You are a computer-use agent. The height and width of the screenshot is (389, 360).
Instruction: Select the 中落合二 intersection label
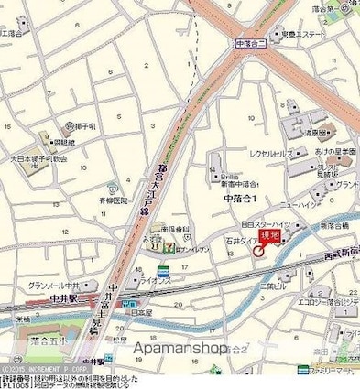pyautogui.click(x=249, y=42)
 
